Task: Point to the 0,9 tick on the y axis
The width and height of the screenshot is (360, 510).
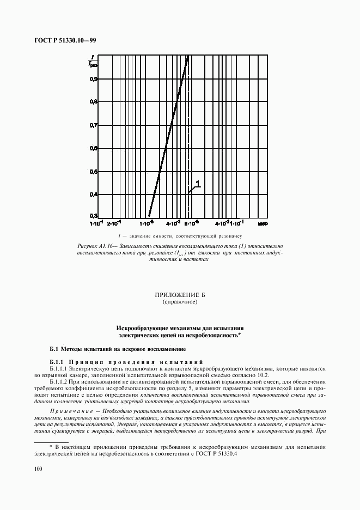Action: [94, 79]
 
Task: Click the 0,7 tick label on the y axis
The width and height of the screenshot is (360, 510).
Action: [94, 125]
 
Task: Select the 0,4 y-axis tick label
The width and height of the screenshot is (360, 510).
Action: [94, 195]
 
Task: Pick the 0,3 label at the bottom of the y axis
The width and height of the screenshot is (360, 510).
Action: [94, 216]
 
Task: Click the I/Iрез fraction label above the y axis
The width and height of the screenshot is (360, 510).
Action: [94, 60]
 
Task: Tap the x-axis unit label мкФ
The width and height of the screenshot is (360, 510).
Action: [262, 223]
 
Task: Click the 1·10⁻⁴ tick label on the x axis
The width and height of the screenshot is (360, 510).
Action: [96, 223]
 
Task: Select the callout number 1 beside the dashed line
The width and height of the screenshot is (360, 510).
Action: [198, 184]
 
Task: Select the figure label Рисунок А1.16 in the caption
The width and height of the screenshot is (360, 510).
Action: [97, 248]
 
